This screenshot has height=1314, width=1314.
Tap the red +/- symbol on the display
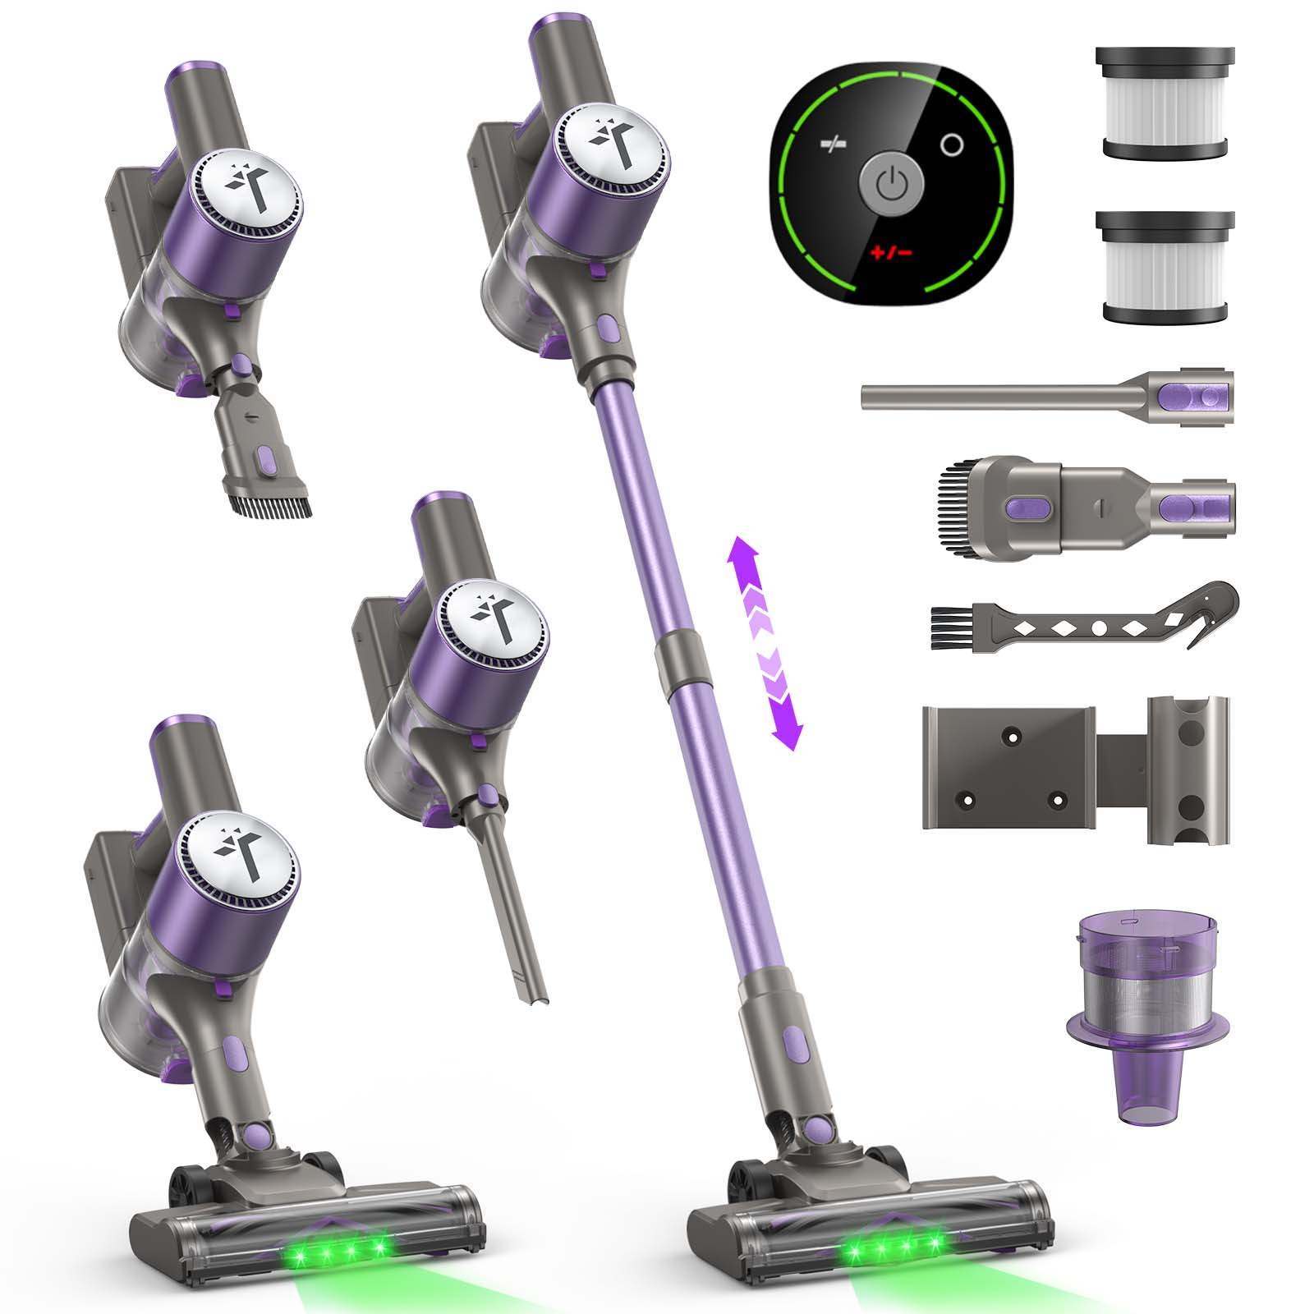(x=891, y=251)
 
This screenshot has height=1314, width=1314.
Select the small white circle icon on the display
(x=952, y=145)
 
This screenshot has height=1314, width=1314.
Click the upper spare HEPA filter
(x=1165, y=103)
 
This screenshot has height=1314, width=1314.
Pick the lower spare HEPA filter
(x=1165, y=267)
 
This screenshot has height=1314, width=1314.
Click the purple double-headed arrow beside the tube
(x=765, y=643)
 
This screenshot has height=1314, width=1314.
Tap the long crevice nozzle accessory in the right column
(x=1047, y=397)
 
